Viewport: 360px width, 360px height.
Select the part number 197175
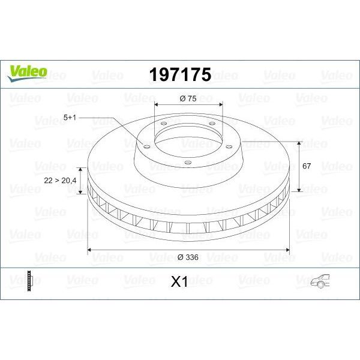pos(179,74)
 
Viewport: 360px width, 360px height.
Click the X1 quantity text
pos(179,281)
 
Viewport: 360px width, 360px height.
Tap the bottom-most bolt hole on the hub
pos(187,162)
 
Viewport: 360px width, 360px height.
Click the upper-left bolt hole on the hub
pos(163,124)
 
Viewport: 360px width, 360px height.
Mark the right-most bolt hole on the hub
pos(230,144)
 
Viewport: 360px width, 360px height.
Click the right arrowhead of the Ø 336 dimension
pos(287,249)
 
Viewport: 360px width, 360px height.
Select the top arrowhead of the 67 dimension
pos(298,143)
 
